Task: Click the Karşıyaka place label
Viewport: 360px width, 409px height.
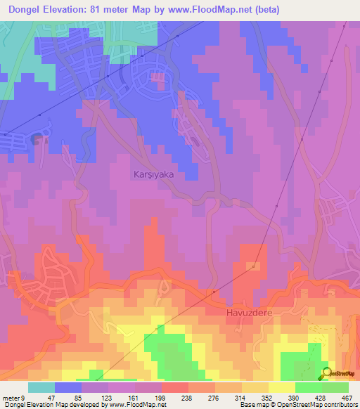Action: (x=153, y=173)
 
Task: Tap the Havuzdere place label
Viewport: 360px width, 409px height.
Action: (x=248, y=311)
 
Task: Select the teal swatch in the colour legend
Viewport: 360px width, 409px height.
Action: (x=41, y=387)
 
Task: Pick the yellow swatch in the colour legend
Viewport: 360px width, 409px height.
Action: (x=282, y=387)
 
